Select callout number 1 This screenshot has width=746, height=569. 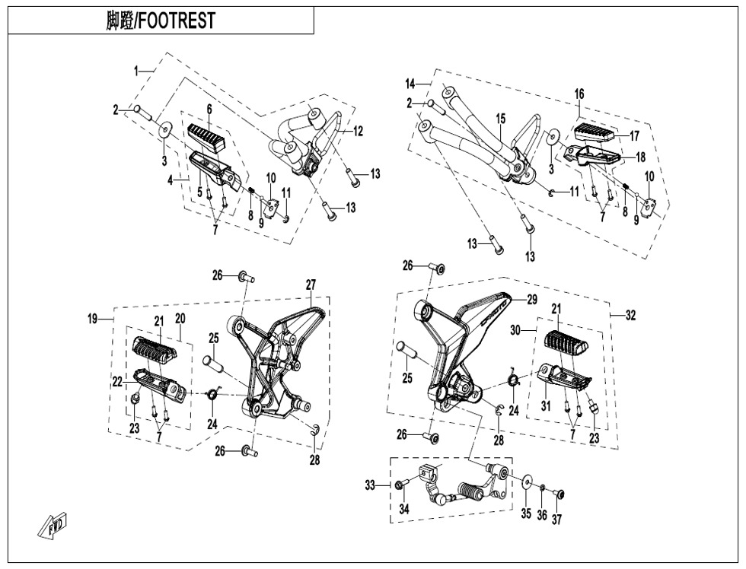(x=137, y=71)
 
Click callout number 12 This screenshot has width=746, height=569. (x=358, y=131)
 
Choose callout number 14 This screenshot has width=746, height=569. (x=410, y=83)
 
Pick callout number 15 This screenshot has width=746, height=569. (x=500, y=119)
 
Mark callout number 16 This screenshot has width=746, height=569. (x=579, y=94)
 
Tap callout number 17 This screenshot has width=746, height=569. (x=634, y=136)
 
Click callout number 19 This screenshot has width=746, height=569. (x=92, y=319)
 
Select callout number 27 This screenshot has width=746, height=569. (x=311, y=284)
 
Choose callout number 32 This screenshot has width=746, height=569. (x=630, y=316)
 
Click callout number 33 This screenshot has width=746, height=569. (x=370, y=485)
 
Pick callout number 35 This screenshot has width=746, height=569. (x=525, y=514)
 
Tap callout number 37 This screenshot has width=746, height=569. (x=557, y=519)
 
